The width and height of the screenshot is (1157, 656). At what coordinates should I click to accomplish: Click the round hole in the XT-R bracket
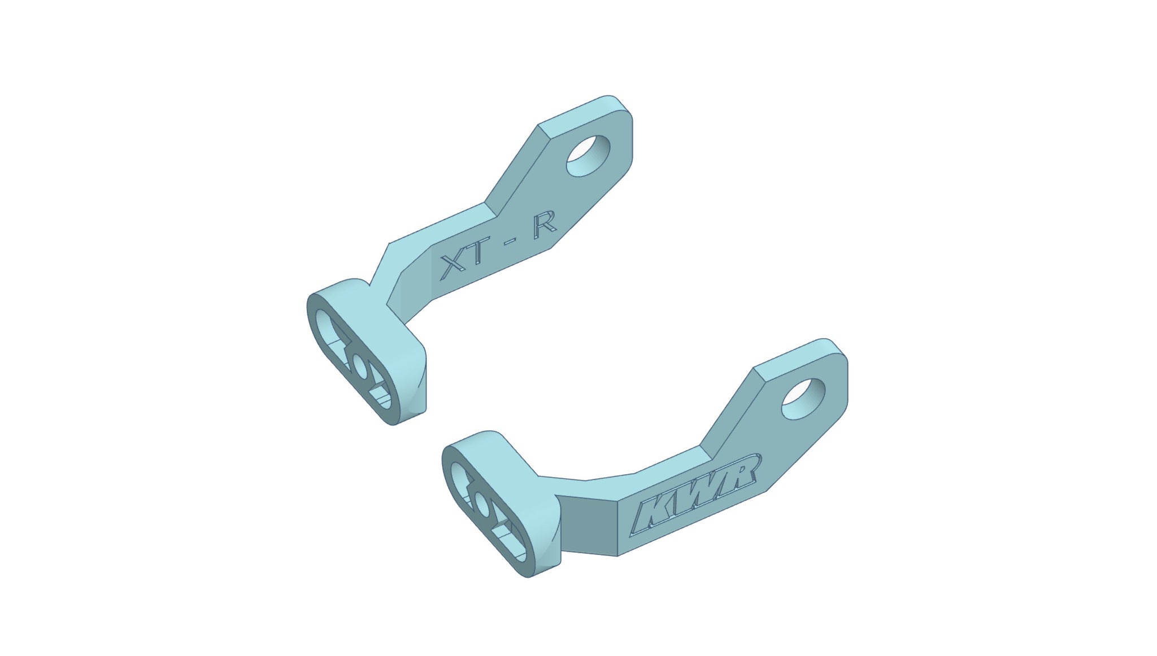tap(589, 155)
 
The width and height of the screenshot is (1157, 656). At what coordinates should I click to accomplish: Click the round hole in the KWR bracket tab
tap(803, 399)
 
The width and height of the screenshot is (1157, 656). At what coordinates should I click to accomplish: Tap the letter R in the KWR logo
tap(737, 472)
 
